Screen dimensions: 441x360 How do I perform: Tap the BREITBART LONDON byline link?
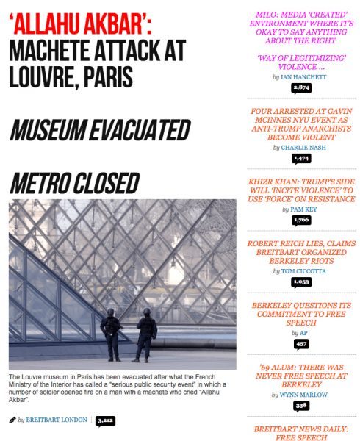click(57, 420)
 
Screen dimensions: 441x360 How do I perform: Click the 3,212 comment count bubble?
click(105, 420)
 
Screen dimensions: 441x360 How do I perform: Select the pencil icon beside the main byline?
click(12, 420)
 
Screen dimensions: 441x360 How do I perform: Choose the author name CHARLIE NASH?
click(305, 147)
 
